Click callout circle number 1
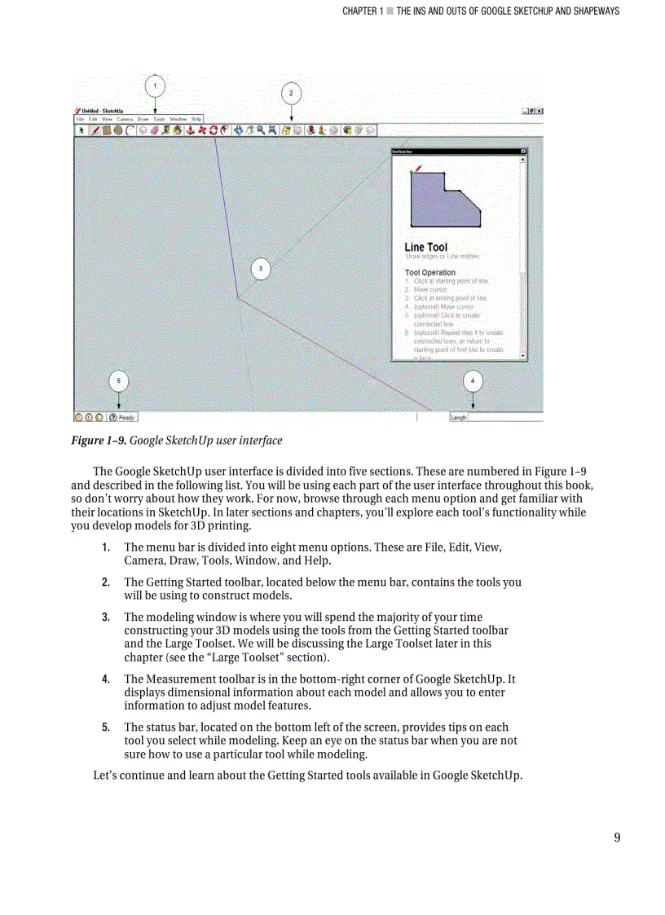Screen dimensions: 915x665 (156, 85)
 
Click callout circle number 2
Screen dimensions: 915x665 (292, 93)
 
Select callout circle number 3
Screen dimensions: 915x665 (260, 268)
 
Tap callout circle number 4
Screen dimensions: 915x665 (473, 381)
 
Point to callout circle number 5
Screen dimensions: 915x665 (119, 381)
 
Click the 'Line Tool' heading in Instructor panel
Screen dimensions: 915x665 (425, 247)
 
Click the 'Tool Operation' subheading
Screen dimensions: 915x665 (429, 272)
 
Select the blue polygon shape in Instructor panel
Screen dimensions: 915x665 (440, 200)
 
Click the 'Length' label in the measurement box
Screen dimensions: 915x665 (459, 417)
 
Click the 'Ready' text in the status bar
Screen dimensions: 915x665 (126, 417)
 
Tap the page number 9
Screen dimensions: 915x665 (617, 838)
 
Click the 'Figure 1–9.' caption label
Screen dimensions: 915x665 (98, 441)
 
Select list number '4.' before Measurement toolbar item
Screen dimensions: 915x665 (106, 679)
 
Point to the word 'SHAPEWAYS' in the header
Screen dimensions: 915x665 (592, 11)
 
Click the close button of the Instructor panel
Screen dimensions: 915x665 (523, 152)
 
